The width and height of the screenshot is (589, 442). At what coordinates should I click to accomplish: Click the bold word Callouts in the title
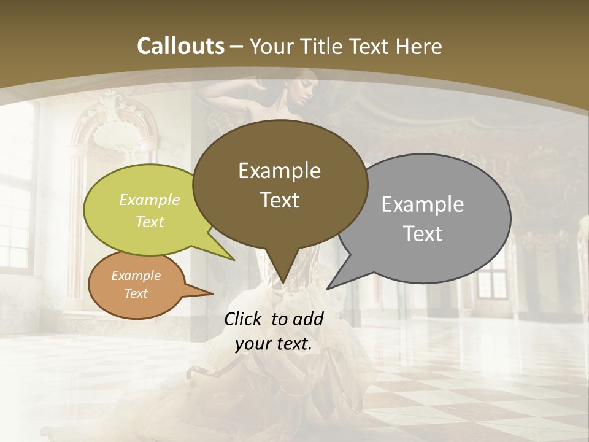(x=180, y=46)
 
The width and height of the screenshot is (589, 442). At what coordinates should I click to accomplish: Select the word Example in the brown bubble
(x=279, y=171)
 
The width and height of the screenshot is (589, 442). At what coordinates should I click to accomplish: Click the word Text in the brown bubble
(x=279, y=200)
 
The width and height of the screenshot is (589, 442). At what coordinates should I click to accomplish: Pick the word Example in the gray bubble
(x=423, y=204)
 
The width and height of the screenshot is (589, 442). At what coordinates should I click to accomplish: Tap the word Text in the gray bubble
(x=423, y=234)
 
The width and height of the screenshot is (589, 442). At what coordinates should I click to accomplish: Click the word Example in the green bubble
(x=150, y=200)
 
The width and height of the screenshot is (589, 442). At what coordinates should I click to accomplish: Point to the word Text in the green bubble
(x=150, y=222)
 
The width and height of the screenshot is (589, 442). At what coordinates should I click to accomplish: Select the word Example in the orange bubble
(x=136, y=276)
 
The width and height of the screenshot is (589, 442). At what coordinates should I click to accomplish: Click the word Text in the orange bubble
(x=136, y=293)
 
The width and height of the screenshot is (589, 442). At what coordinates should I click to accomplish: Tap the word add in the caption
(x=308, y=319)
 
